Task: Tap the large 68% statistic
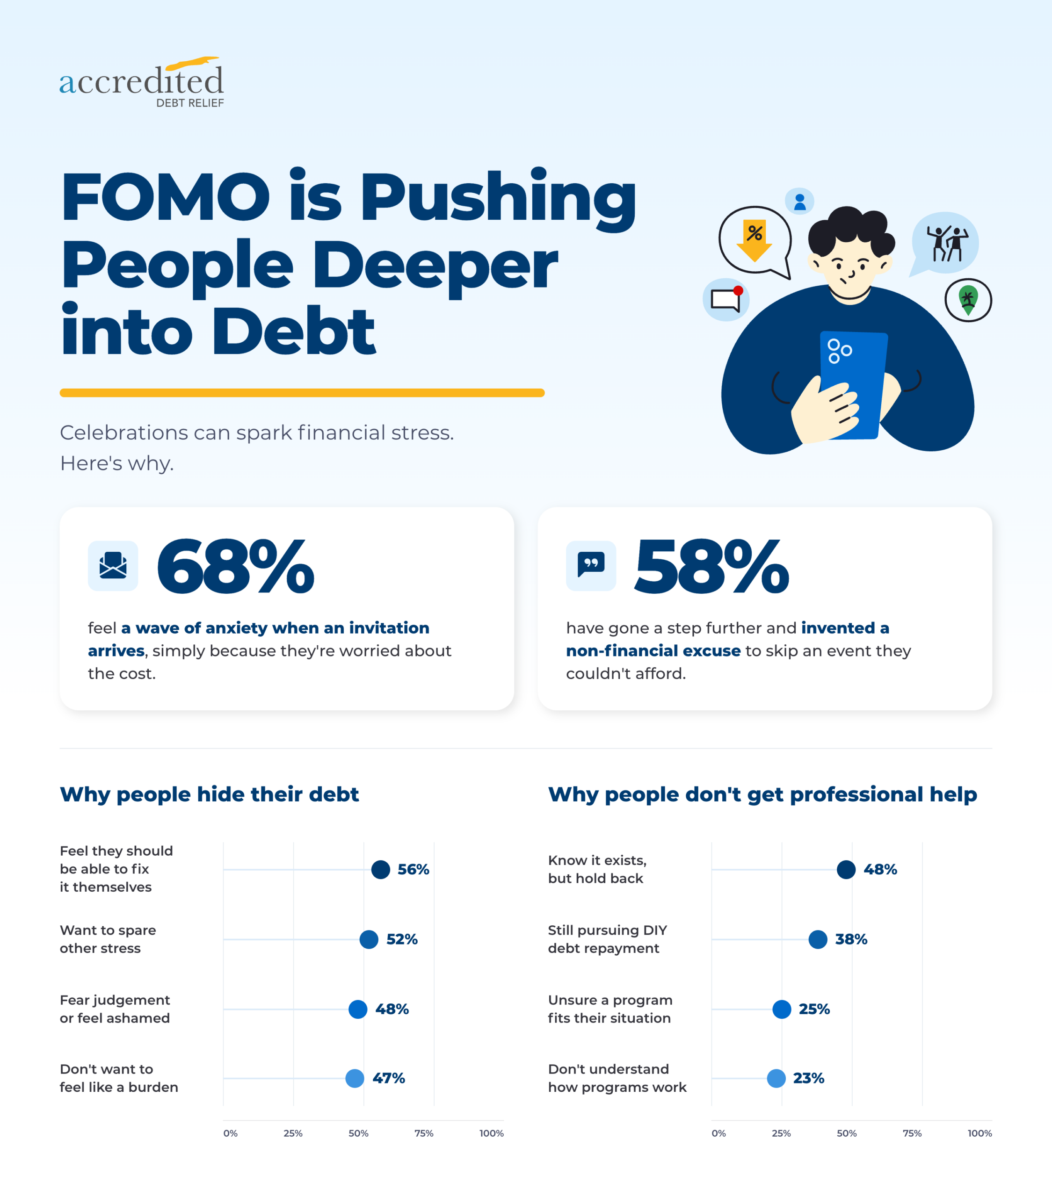(235, 566)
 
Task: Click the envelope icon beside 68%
(113, 566)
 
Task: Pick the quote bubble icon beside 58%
(591, 566)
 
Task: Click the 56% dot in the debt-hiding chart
(381, 870)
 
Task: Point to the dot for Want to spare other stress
(369, 939)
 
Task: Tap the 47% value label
(389, 1078)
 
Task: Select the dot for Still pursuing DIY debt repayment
(818, 939)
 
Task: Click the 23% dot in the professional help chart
(776, 1078)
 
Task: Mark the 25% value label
(814, 1009)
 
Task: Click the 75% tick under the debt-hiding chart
(424, 1133)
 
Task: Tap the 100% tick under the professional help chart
(980, 1133)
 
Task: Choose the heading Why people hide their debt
(209, 795)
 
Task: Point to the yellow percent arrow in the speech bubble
(755, 241)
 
